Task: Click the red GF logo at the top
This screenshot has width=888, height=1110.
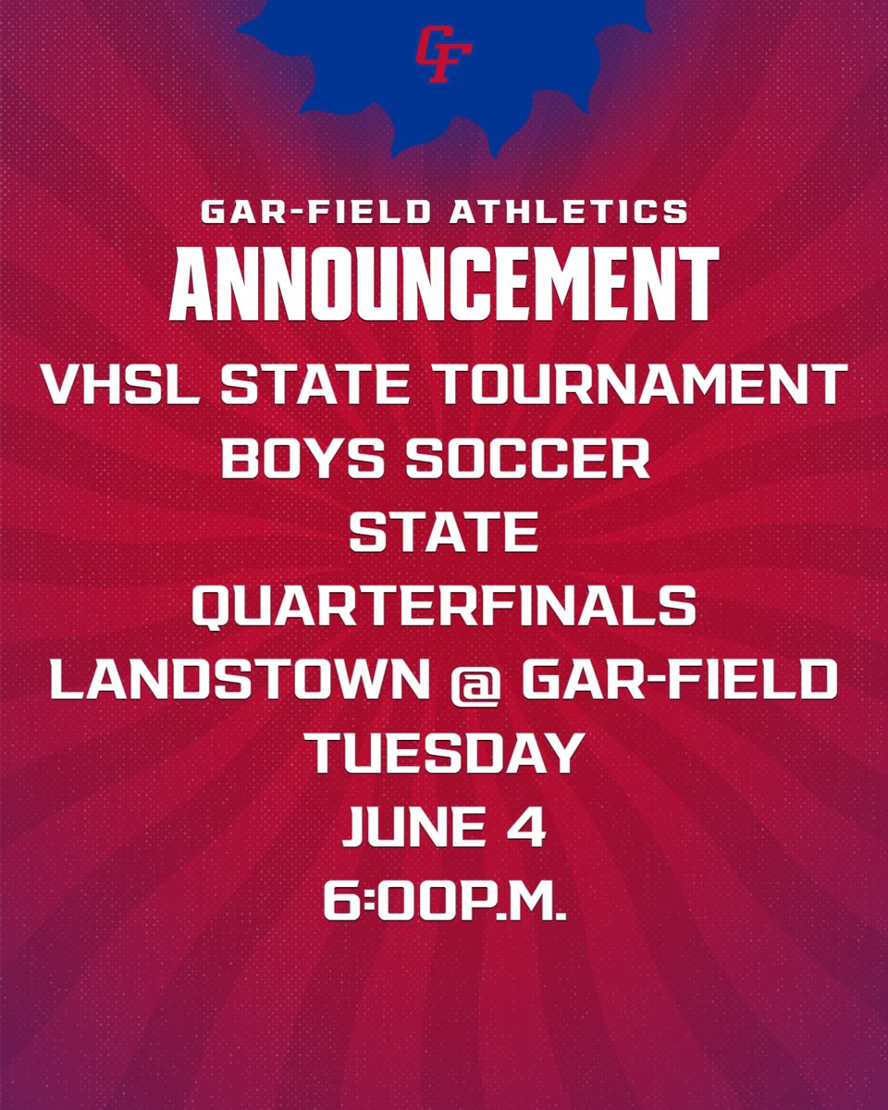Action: (443, 55)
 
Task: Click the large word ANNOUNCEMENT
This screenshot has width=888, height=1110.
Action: (444, 283)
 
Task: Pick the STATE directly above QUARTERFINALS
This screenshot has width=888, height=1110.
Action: (444, 534)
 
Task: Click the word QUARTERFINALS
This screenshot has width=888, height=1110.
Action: (444, 608)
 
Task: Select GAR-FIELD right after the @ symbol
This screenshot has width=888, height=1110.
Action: (678, 682)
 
